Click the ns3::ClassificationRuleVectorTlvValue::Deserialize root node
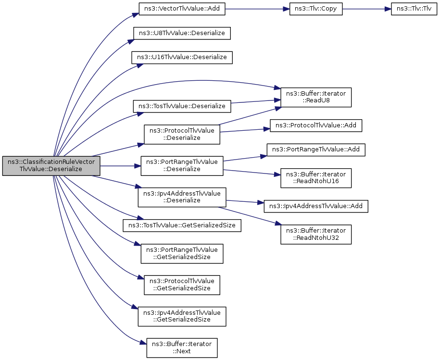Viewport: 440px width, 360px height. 51,166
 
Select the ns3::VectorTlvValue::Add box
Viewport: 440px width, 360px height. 182,9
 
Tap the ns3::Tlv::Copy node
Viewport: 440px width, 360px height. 315,9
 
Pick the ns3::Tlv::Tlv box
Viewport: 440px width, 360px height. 414,9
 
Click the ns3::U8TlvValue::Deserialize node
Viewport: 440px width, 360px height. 182,33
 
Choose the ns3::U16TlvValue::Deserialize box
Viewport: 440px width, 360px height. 182,57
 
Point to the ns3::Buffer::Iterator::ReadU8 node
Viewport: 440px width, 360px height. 315,97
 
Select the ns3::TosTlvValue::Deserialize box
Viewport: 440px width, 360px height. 182,106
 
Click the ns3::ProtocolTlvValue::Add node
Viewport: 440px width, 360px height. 315,125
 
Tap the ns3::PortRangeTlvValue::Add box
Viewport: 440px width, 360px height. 315,149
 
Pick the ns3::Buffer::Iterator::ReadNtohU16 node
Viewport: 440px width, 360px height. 315,178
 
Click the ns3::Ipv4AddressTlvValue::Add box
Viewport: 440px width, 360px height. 315,206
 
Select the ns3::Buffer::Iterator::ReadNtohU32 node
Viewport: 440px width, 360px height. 315,234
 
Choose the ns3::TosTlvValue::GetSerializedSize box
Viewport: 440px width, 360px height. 182,225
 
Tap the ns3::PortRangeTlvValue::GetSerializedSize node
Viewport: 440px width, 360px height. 182,253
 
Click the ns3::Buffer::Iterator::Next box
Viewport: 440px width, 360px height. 182,348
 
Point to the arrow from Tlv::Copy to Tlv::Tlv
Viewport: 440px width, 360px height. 367,9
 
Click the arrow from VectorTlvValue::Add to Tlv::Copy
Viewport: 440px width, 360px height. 257,9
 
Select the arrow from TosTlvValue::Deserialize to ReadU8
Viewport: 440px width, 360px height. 256,101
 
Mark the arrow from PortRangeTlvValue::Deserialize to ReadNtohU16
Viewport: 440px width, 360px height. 252,173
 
